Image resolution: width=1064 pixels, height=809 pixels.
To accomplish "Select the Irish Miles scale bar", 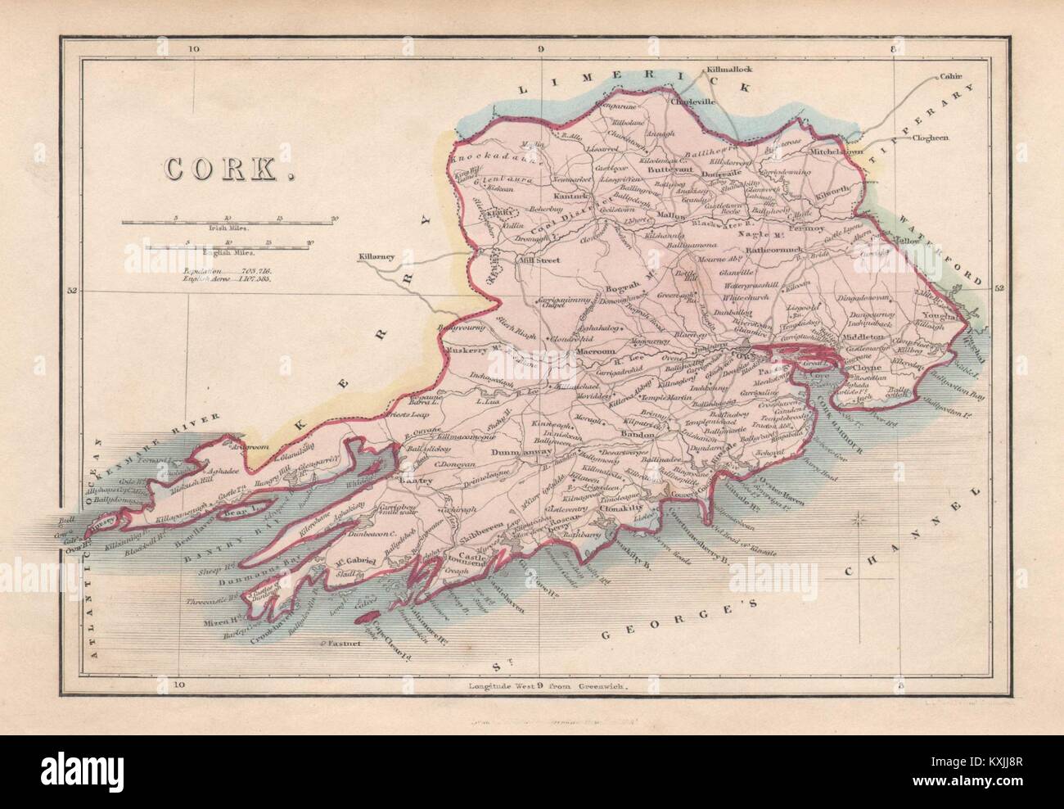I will [x=229, y=221].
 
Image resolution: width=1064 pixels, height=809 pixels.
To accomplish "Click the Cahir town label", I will [x=951, y=77].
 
